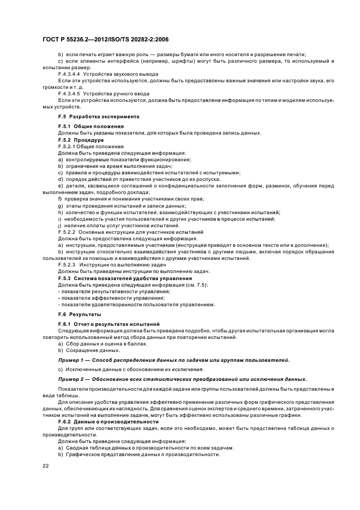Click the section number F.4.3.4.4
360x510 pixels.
pyautogui.click(x=69, y=75)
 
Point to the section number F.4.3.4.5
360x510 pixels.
pyautogui.click(x=69, y=93)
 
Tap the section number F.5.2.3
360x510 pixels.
pyautogui.click(x=68, y=265)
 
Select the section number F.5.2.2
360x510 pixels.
pyautogui.click(x=68, y=232)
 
